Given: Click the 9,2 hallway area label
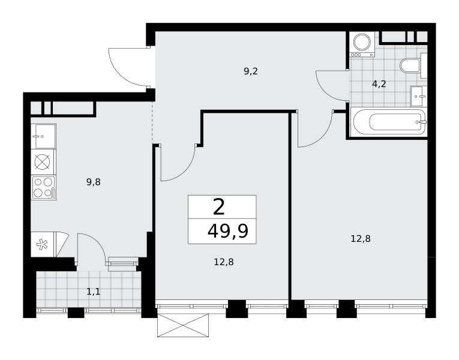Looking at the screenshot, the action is pyautogui.click(x=251, y=71).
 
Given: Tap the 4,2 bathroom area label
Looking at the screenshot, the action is pyautogui.click(x=379, y=84).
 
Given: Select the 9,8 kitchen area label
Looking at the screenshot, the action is pyautogui.click(x=94, y=182).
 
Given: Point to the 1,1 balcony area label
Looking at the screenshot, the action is pyautogui.click(x=94, y=292).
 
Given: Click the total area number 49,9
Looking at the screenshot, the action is pyautogui.click(x=228, y=231).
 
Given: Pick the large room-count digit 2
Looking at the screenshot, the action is pyautogui.click(x=219, y=206).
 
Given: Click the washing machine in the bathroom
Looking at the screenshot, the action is pyautogui.click(x=362, y=44).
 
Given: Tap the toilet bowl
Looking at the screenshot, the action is pyautogui.click(x=410, y=66).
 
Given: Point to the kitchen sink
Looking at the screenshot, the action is pyautogui.click(x=43, y=136).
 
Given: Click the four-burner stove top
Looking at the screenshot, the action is pyautogui.click(x=44, y=188).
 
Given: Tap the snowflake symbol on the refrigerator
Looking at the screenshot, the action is pyautogui.click(x=42, y=245).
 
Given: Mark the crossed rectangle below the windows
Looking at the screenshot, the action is pyautogui.click(x=183, y=325).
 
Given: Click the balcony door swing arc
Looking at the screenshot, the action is pyautogui.click(x=97, y=241).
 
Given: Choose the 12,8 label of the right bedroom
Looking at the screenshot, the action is pyautogui.click(x=361, y=239).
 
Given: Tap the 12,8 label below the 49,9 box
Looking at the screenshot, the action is pyautogui.click(x=224, y=262).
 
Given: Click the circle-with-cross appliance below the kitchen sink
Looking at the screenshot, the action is pyautogui.click(x=42, y=162).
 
